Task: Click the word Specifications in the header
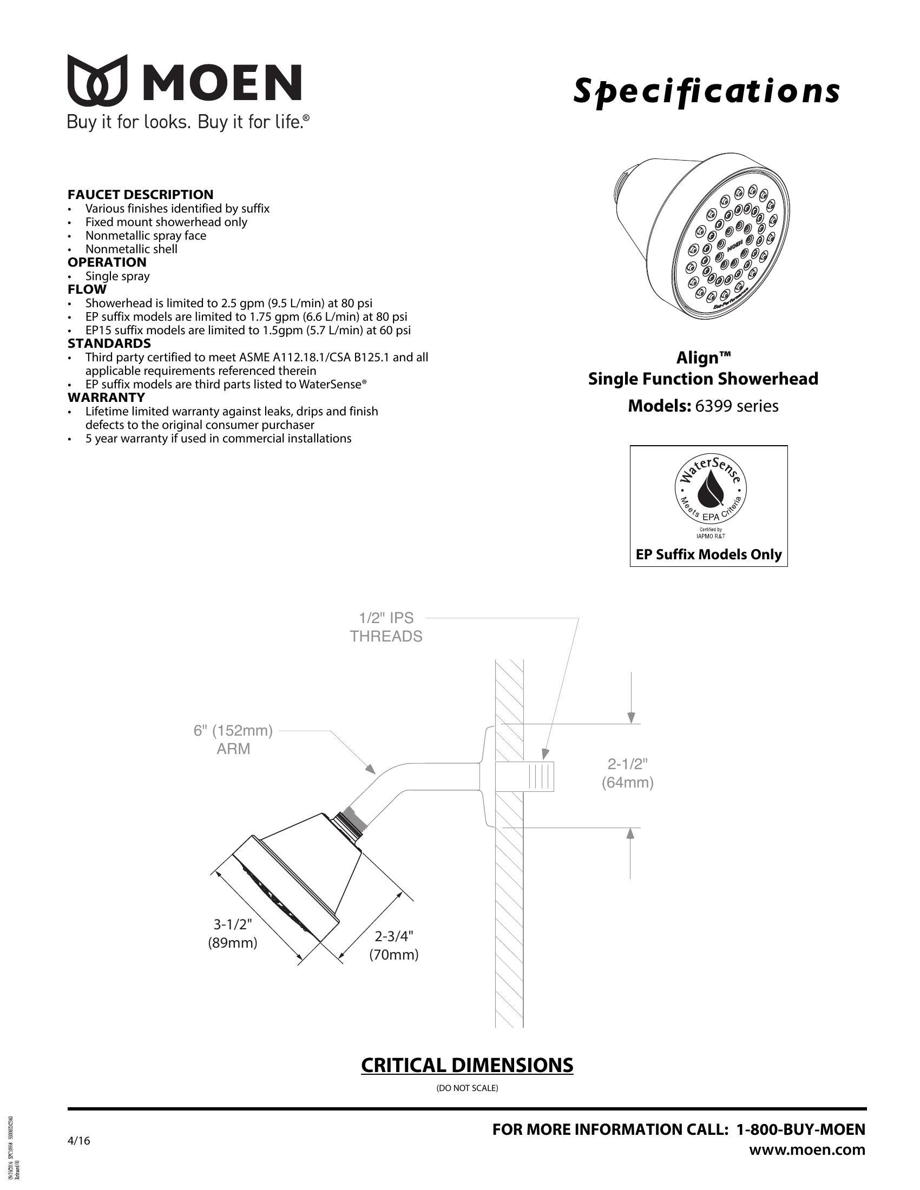pos(706,91)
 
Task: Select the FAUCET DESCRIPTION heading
pos(140,195)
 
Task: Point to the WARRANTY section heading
pos(106,397)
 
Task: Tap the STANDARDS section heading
pos(109,343)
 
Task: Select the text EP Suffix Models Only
pos(708,554)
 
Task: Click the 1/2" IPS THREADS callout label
pos(386,627)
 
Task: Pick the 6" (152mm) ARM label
pos(233,739)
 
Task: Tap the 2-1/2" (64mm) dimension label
pos(627,773)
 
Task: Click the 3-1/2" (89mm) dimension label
pos(232,934)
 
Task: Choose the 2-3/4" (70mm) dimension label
pos(393,946)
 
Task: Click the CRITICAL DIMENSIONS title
pos(466,1065)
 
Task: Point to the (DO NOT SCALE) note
pos(467,1088)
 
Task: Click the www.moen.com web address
pos(807,1149)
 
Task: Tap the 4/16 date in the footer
pos(79,1141)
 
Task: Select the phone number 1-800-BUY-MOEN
pos(800,1129)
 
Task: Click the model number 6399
pos(712,406)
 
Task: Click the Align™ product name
pos(703,358)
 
